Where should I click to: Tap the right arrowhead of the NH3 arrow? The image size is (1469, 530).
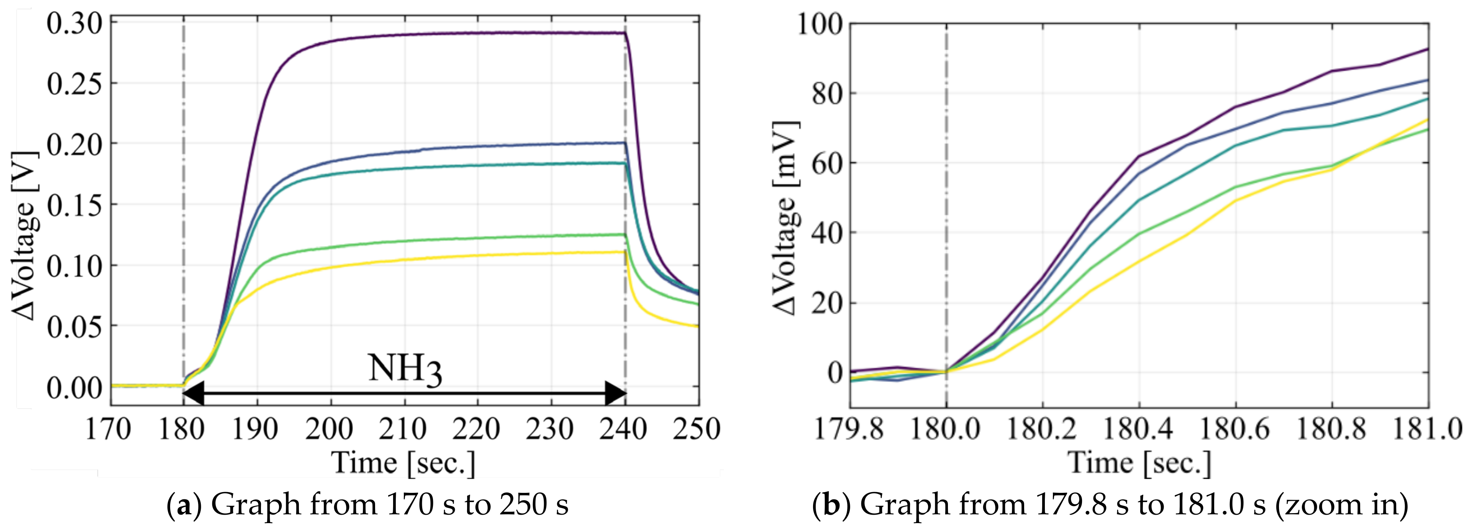616,393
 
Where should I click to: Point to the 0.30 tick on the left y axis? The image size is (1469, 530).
74,24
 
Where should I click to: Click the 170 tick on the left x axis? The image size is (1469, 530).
108,429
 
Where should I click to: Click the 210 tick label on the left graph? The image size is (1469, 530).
403,429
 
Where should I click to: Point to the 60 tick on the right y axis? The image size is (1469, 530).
827,164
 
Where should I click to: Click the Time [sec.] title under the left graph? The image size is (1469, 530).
403,463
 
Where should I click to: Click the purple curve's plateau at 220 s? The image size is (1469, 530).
477,33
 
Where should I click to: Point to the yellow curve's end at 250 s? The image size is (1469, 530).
697,326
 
